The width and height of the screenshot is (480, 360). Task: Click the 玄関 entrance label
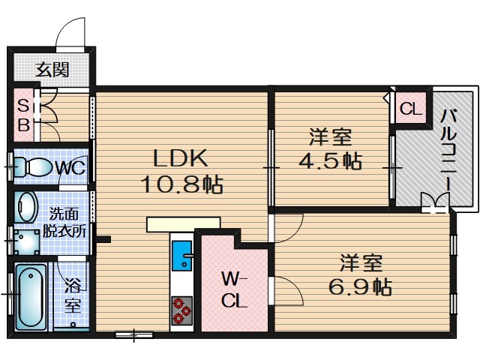[x=52, y=70]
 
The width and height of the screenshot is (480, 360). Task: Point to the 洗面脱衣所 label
[x=63, y=223]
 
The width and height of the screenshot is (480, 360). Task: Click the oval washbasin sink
[x=27, y=205]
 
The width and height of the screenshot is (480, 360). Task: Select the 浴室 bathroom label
[x=73, y=295]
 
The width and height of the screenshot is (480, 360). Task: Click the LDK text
[x=180, y=158]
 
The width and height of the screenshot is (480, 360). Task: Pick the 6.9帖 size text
[x=361, y=286]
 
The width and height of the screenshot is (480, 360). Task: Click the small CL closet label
[x=410, y=109]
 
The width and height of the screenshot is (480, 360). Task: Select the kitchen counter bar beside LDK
[x=183, y=223]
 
